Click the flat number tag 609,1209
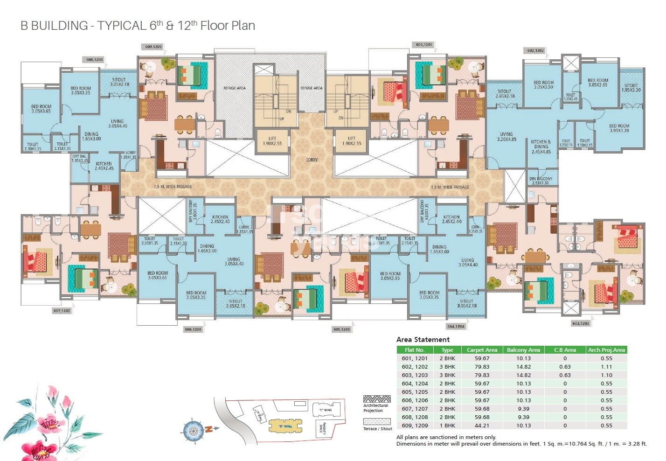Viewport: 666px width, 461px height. (153, 47)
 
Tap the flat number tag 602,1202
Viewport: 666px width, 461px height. (535, 50)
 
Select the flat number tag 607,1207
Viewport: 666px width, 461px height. (62, 310)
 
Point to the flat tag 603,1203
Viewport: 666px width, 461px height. (580, 323)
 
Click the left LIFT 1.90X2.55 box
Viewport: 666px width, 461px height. (272, 141)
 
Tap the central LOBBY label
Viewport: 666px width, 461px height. (312, 160)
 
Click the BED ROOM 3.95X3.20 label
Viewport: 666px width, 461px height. (619, 128)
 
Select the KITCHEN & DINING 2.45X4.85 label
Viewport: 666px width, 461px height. (541, 147)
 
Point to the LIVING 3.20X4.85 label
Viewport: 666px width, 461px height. (506, 136)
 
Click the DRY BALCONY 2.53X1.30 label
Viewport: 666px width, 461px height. (541, 181)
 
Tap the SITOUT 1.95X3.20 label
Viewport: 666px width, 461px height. (631, 87)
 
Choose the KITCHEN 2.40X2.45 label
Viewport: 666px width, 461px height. (104, 166)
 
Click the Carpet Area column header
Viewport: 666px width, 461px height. (482, 350)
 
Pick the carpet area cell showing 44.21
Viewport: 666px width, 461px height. (482, 426)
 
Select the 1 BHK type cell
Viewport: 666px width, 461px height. (447, 426)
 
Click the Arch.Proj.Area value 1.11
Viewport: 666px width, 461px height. (606, 367)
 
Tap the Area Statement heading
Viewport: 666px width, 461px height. (423, 340)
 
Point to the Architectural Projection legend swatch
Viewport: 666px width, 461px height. (377, 399)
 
